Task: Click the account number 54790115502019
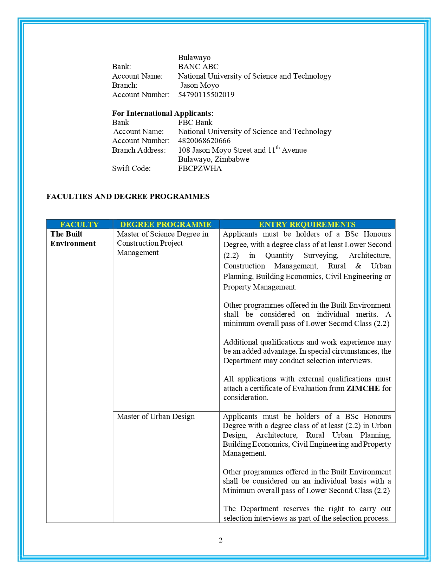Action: pos(206,95)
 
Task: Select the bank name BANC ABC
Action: pos(198,67)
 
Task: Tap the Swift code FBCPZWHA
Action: pos(200,168)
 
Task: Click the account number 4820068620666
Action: pos(204,141)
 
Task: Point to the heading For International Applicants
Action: pos(163,113)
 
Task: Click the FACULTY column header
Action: pos(79,225)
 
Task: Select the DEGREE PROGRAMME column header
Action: pos(165,225)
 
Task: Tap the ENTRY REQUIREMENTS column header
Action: pos(307,225)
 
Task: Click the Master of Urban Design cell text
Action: pos(156,417)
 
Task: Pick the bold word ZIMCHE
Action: pos(363,388)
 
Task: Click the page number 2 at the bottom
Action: pos(221,540)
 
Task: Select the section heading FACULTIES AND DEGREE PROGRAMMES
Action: pos(128,197)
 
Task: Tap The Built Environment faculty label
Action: pos(73,239)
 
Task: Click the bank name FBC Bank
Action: pos(195,122)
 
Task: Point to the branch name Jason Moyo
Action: pos(199,85)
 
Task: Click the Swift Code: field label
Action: pos(131,168)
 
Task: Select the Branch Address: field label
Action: pos(139,150)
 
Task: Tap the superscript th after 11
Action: pos(278,148)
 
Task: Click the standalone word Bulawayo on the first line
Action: pos(194,58)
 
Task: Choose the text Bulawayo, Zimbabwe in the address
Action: pos(213,159)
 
